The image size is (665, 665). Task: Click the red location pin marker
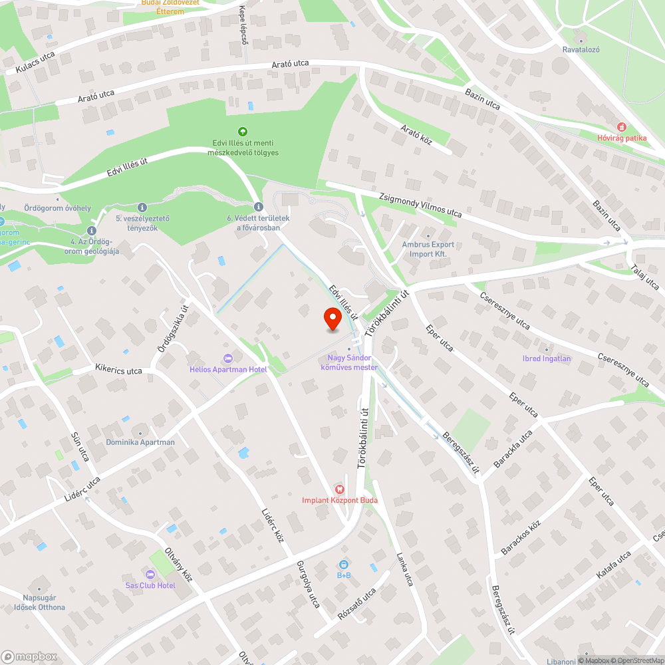(332, 319)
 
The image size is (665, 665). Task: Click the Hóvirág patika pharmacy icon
(622, 126)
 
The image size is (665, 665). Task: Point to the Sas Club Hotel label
(150, 585)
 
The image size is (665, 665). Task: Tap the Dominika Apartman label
(140, 442)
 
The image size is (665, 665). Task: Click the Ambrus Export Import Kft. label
(428, 249)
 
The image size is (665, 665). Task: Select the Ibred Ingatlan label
(547, 358)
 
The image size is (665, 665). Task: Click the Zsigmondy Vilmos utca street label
(420, 205)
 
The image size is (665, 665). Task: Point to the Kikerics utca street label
(118, 370)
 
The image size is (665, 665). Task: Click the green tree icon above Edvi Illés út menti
(243, 132)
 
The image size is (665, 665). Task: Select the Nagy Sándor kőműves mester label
(349, 362)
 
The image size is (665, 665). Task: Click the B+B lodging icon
(344, 565)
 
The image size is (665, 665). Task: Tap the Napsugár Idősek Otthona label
(40, 602)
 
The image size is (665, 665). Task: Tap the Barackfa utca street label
(513, 448)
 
